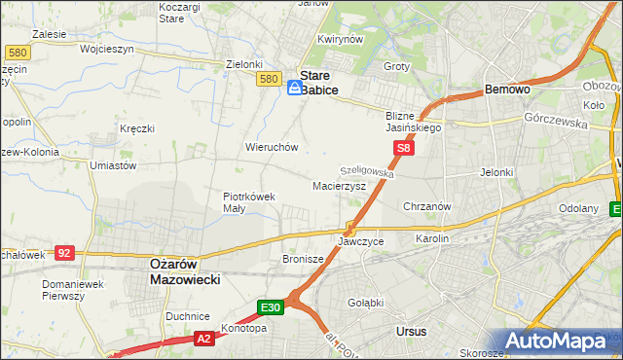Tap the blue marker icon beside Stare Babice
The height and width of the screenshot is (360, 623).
[294, 88]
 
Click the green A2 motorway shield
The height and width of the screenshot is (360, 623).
[203, 339]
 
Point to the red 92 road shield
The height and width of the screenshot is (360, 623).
[64, 252]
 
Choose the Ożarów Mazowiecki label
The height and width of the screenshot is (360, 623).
[185, 271]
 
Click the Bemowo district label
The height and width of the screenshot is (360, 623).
[507, 90]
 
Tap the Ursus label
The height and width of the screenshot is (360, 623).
[412, 332]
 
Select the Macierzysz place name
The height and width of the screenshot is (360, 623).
[339, 185]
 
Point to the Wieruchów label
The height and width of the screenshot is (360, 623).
[272, 148]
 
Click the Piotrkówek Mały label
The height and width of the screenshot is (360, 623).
[249, 201]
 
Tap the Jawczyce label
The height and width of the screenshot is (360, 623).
[361, 240]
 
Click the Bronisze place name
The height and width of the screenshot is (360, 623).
[303, 260]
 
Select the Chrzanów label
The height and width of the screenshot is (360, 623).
[426, 206]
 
